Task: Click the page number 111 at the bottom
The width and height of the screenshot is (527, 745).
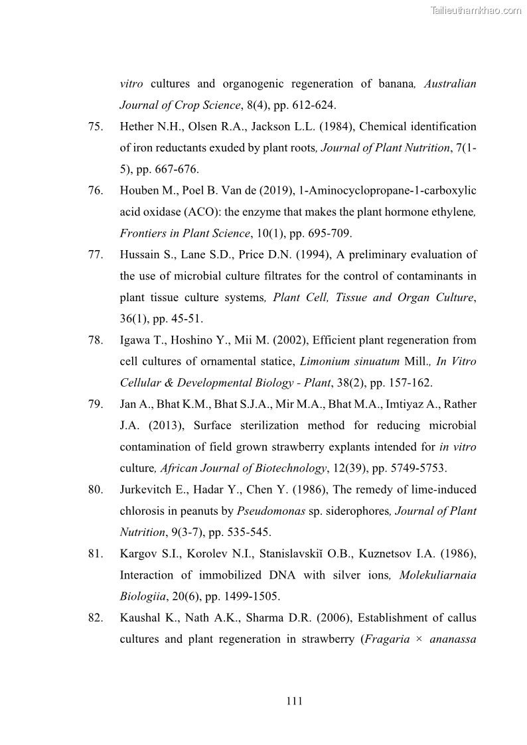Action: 294,701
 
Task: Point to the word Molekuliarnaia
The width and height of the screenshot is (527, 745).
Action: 437,575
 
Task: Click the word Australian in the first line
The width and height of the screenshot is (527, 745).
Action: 450,84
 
